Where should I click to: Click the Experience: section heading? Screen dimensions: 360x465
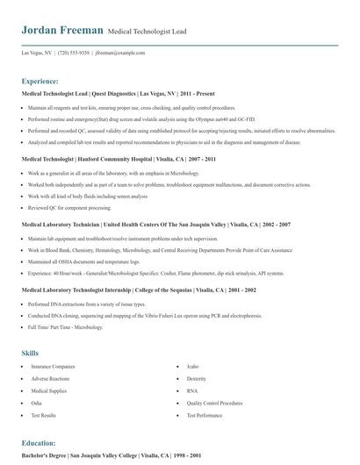click(41, 79)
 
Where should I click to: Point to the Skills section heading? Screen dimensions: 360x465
click(30, 327)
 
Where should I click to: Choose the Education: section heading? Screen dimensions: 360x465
click(39, 443)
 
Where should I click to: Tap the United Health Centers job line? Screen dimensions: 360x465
click(140, 225)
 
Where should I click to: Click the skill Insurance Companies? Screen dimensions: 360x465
click(53, 341)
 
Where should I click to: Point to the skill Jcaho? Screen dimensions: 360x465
click(194, 341)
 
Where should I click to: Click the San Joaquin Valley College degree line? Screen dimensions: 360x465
click(112, 456)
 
